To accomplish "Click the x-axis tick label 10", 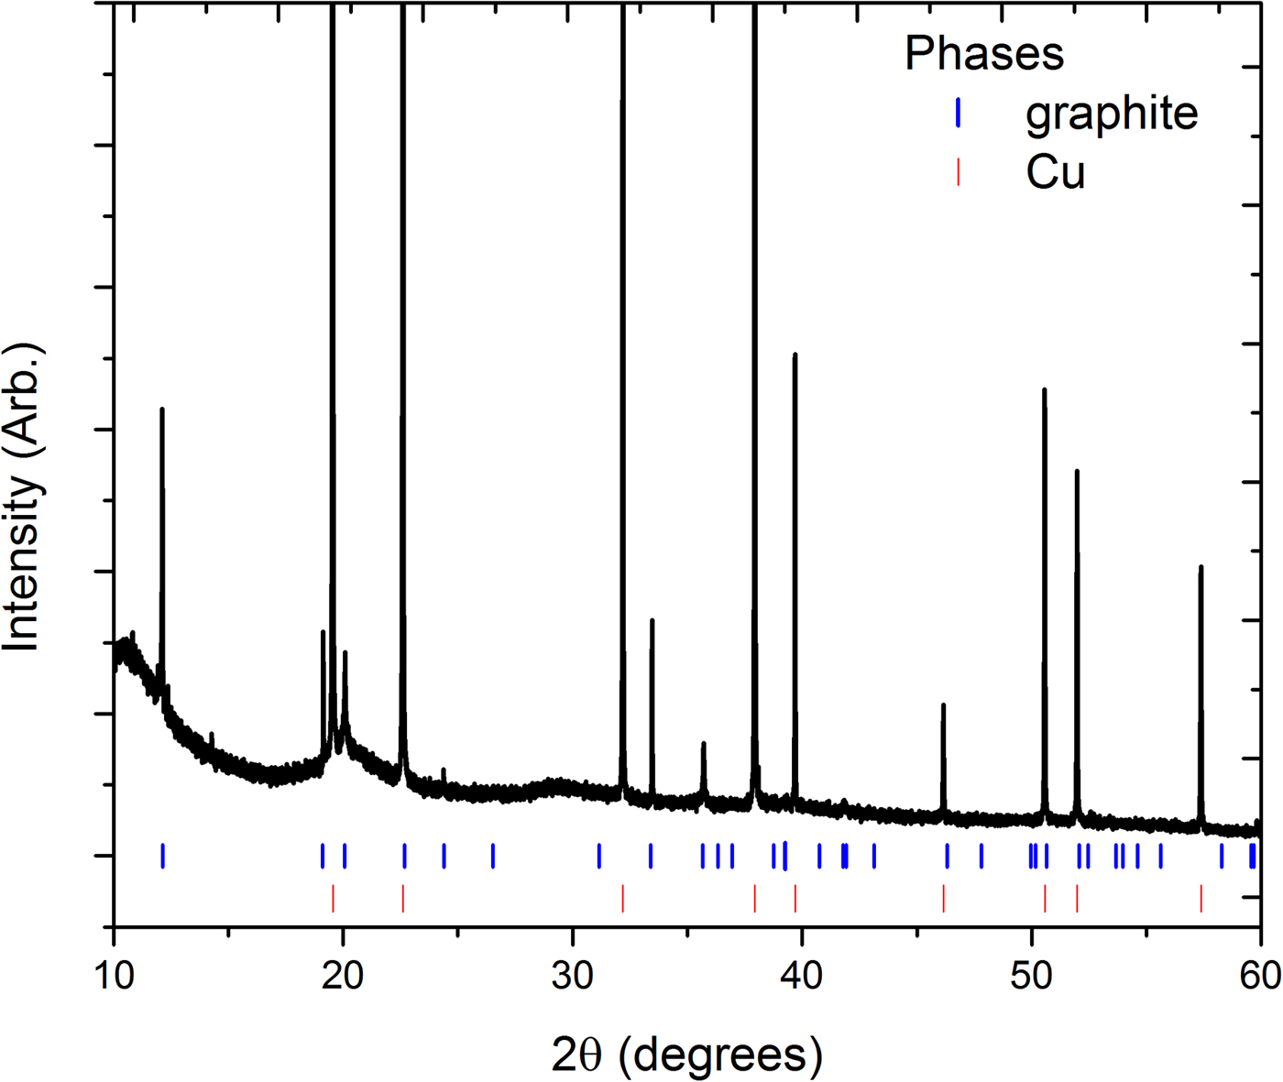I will click(x=114, y=976).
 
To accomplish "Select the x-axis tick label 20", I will click(x=343, y=976).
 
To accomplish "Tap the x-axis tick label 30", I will click(x=573, y=976).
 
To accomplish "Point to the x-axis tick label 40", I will click(x=802, y=976).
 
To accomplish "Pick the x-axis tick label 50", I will click(x=1032, y=976).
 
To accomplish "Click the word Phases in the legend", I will click(x=984, y=53).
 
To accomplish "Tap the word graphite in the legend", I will click(x=1112, y=113).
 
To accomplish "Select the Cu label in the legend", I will click(x=1056, y=172).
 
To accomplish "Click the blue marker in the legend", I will click(x=958, y=113).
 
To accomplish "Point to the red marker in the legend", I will click(x=958, y=172).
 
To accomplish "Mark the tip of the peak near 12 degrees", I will click(x=162, y=410).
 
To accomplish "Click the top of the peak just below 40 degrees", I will click(x=795, y=355).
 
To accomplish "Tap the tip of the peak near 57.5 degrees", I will click(x=1201, y=567).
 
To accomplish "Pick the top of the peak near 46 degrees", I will click(x=943, y=705).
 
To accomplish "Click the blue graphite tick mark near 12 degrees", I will click(x=162, y=856).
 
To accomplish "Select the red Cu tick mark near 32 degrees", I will click(x=623, y=898).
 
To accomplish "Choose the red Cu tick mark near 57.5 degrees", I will click(x=1201, y=898).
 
